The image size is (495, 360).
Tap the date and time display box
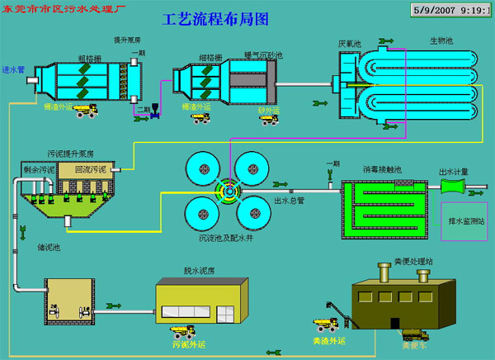[450, 12]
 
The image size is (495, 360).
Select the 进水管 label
[13, 70]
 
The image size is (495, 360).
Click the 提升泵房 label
[127, 40]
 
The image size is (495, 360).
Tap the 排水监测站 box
[467, 220]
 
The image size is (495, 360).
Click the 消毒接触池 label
[382, 170]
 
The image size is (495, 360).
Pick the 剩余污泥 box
[39, 171]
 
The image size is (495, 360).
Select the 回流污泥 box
[89, 169]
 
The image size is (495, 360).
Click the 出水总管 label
[289, 200]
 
